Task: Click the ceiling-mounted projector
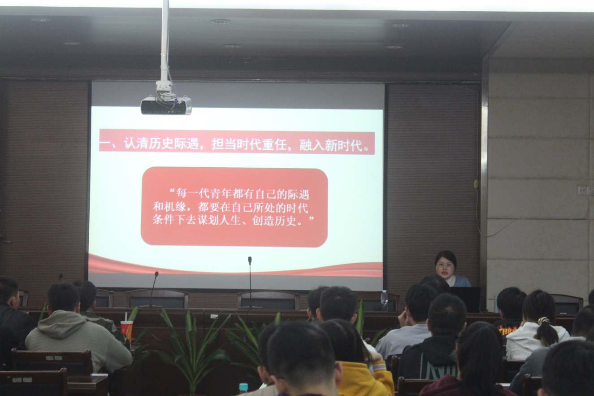(166, 105)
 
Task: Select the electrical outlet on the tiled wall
(586, 190)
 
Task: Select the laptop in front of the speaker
(466, 299)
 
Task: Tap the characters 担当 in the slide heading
(224, 144)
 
